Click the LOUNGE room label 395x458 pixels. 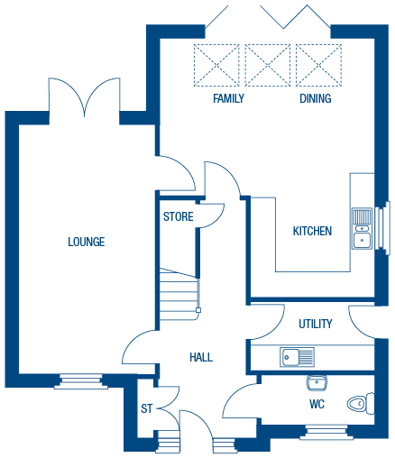tap(87, 242)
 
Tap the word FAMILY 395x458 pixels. tap(229, 98)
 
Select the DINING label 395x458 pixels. tap(316, 98)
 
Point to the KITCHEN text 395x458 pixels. tap(312, 232)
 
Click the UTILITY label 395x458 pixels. tap(316, 324)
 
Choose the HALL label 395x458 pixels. tap(201, 358)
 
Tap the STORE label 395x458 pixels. tap(179, 217)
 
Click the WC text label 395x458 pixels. tap(317, 403)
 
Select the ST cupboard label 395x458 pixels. tap(146, 409)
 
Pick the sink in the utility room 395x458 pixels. tap(296, 357)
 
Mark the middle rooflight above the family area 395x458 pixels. tap(268, 64)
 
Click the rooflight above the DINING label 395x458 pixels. tap(317, 64)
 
